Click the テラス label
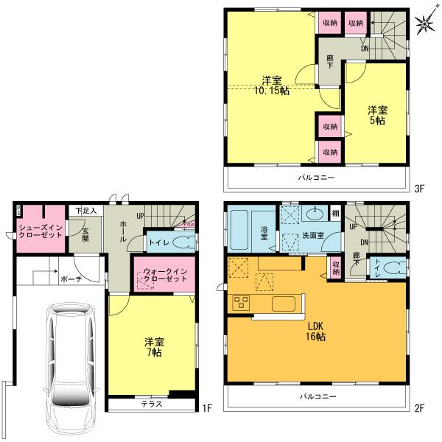tap(152, 405)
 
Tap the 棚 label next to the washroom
tap(335, 213)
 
